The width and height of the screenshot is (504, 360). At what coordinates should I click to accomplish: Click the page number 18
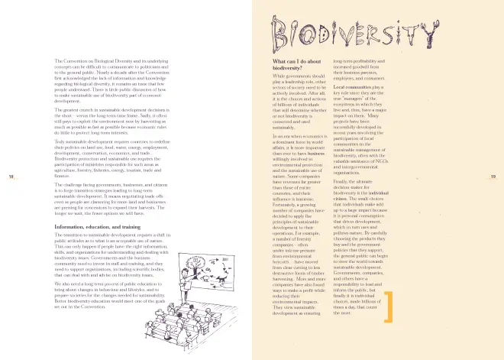click(11, 199)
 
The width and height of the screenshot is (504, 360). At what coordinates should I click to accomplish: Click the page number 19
click(493, 199)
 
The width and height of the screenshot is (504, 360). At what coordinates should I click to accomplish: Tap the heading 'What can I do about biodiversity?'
click(297, 63)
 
